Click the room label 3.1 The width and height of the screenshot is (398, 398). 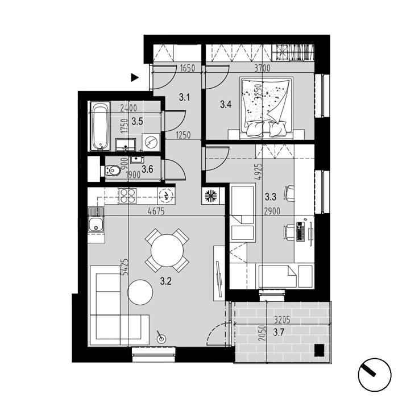[x=185, y=97]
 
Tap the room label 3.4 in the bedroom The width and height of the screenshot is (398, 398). [x=226, y=104]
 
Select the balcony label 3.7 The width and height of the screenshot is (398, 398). [x=279, y=332]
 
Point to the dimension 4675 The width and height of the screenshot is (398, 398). [x=156, y=211]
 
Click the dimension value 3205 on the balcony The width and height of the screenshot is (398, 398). [x=282, y=320]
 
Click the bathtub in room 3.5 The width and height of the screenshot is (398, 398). [x=100, y=126]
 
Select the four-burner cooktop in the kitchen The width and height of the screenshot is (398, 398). [x=127, y=196]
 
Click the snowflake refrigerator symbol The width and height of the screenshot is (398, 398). [x=211, y=196]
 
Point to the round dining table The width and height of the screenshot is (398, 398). [x=167, y=250]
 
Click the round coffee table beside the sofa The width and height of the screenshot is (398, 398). [x=140, y=292]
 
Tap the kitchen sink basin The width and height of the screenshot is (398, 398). [x=96, y=225]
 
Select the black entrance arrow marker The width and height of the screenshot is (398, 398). [x=135, y=77]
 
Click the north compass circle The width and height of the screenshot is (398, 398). [x=374, y=375]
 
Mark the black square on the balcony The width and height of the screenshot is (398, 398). [x=319, y=351]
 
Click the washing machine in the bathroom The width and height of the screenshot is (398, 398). [x=151, y=143]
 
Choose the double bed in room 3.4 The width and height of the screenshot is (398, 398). [x=267, y=108]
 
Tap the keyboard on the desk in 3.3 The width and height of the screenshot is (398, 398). [x=300, y=231]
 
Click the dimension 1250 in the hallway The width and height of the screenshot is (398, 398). [x=183, y=135]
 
